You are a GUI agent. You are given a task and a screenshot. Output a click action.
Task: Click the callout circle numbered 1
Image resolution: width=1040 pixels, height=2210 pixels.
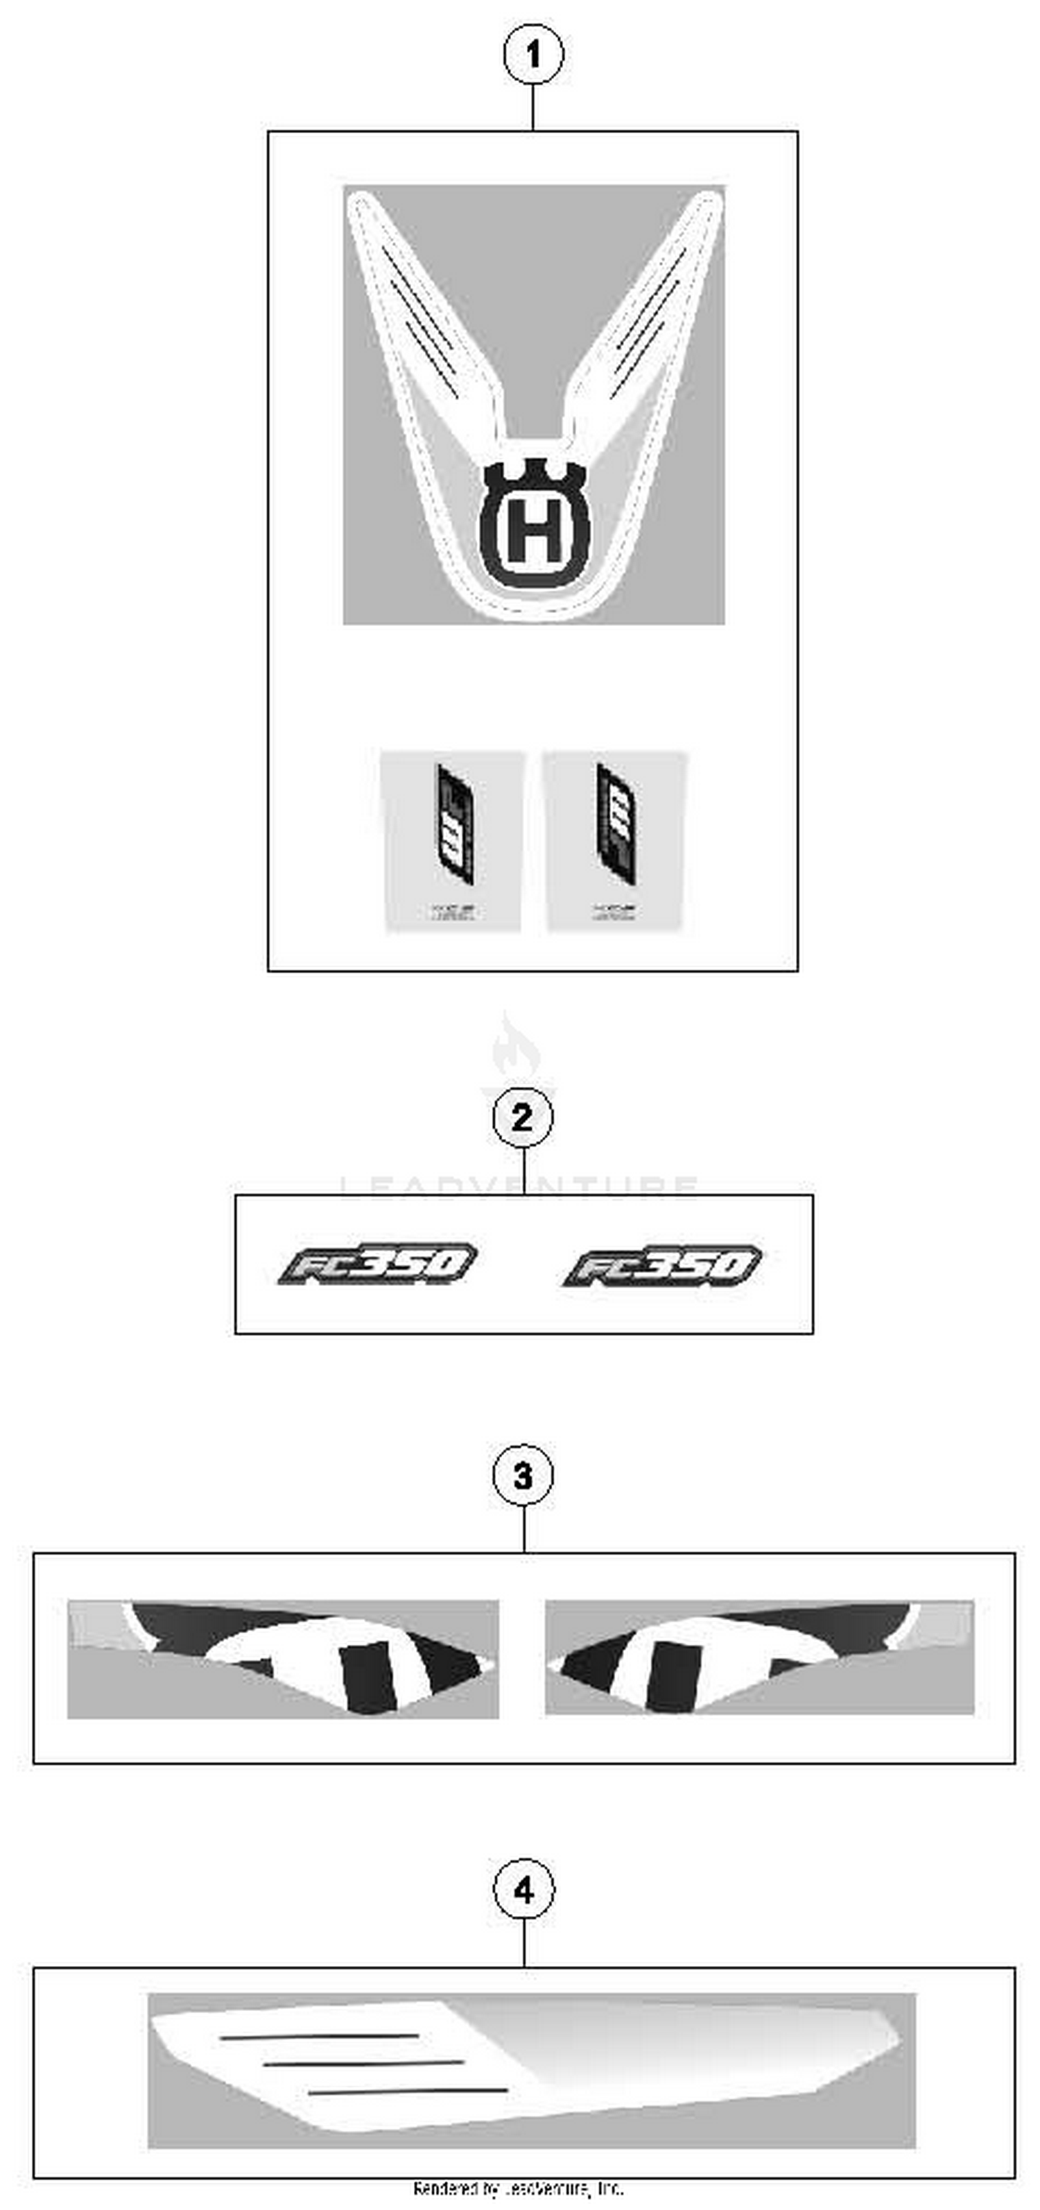(533, 55)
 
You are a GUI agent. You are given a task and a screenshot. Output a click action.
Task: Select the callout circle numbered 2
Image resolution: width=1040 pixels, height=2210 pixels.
(523, 1117)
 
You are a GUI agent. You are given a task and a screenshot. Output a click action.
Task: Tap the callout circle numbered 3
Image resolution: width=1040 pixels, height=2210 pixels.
(523, 1476)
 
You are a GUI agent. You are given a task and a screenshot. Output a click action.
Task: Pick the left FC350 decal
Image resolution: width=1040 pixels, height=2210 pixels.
(378, 1264)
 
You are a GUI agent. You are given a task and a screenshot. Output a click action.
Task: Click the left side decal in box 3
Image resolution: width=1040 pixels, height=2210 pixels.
(283, 1657)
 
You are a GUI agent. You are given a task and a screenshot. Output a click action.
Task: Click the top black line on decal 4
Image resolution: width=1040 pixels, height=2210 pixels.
(319, 2036)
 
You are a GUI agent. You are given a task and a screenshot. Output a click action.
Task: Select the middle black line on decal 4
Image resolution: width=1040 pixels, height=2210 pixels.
(363, 2063)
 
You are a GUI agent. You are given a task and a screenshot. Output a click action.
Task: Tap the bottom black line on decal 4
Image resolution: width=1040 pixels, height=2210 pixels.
(408, 2091)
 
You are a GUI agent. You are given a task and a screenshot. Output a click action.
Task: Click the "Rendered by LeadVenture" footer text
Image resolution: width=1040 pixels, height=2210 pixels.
(519, 2189)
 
